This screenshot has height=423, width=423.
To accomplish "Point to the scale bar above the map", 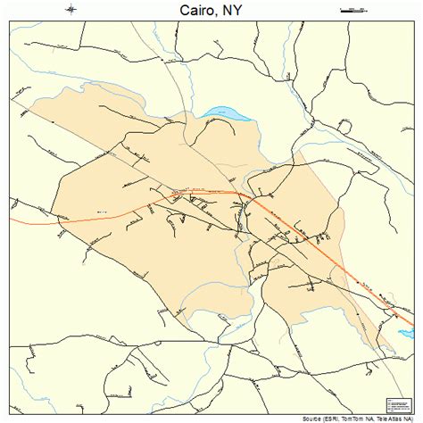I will pyautogui.click(x=354, y=9).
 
